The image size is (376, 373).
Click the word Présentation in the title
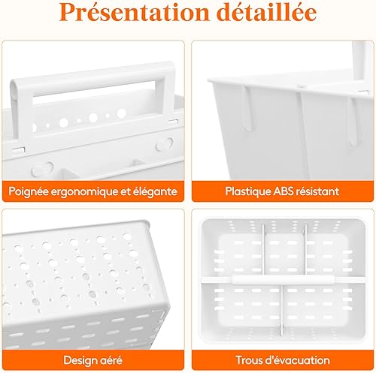click(x=135, y=13)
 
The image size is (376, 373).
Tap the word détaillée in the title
click(x=266, y=12)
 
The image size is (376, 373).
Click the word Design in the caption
click(x=77, y=360)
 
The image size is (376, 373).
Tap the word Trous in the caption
click(x=248, y=360)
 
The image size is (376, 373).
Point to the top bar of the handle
click(x=92, y=77)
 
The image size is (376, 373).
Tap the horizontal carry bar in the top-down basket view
click(x=284, y=279)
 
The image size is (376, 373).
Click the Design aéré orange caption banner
click(x=93, y=360)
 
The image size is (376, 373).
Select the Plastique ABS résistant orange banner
click(x=283, y=191)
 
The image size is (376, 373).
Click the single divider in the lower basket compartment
click(x=282, y=310)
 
